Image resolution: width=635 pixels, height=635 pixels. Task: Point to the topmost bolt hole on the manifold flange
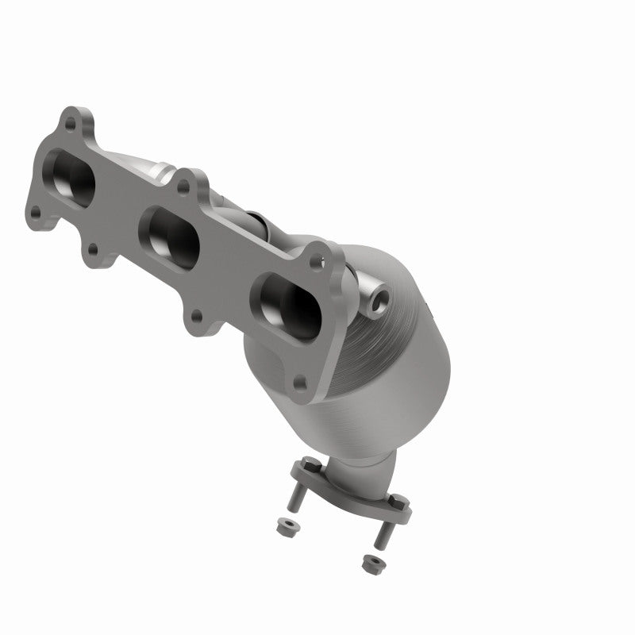coord(71,124)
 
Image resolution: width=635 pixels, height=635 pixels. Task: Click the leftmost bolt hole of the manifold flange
coord(36,212)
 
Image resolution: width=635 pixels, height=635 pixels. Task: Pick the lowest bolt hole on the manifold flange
coord(299,383)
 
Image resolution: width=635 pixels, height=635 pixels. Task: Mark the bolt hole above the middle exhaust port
coord(183,188)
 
